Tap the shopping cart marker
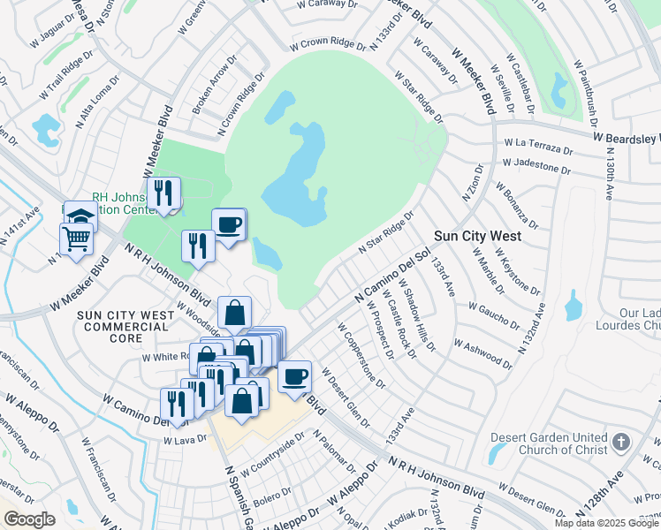coord(77,238)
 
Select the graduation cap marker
coord(80,217)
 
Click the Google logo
coord(28,519)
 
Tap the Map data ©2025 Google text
coord(605,523)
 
